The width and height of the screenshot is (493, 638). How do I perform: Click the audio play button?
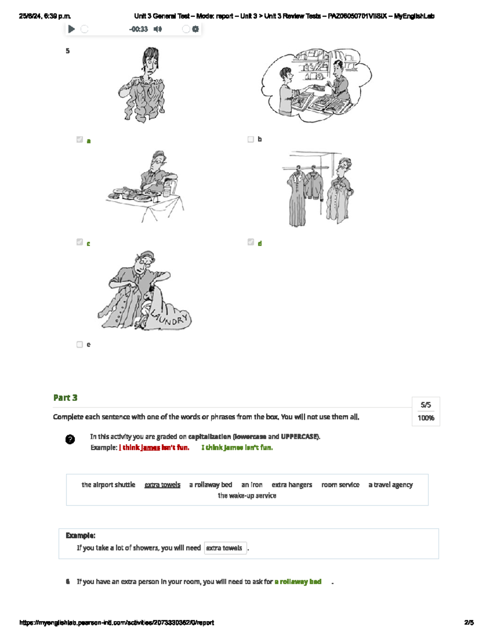click(x=71, y=29)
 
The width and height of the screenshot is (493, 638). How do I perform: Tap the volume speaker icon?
click(x=157, y=29)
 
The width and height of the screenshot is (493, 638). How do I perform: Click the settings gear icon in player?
click(x=196, y=29)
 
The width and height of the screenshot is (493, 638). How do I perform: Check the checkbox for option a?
click(x=80, y=140)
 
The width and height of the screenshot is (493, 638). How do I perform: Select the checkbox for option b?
click(x=251, y=140)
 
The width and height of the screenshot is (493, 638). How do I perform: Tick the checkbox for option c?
click(x=80, y=242)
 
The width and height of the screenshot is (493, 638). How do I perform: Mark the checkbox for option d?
click(x=251, y=242)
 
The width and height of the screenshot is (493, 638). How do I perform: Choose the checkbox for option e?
click(x=80, y=344)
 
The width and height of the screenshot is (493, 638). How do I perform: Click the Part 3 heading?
click(x=65, y=398)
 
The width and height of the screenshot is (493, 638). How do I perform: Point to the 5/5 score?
click(x=426, y=405)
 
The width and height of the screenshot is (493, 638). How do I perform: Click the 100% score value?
click(x=426, y=418)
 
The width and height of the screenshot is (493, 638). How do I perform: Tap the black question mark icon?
click(x=70, y=439)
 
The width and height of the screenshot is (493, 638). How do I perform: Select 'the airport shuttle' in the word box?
click(x=108, y=485)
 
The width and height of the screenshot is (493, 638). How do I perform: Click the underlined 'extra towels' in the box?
click(x=162, y=485)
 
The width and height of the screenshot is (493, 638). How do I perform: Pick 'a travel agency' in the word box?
click(x=390, y=485)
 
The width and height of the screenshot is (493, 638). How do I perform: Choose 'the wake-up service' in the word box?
click(x=247, y=496)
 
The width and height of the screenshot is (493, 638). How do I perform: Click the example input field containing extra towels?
click(x=225, y=548)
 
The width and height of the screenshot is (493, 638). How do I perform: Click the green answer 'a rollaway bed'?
click(x=298, y=582)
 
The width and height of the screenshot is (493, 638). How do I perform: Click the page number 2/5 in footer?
click(x=469, y=622)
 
